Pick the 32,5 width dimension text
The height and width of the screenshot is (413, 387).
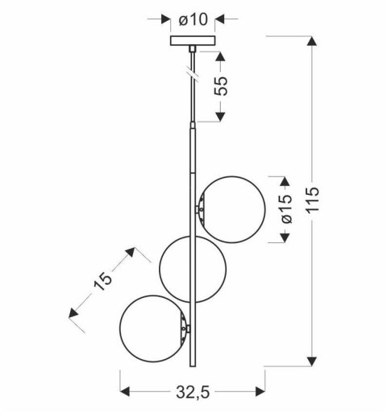pos(193,394)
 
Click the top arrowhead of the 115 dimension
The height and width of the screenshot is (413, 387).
pos(311,39)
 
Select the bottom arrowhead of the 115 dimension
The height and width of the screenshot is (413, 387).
pos(311,361)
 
